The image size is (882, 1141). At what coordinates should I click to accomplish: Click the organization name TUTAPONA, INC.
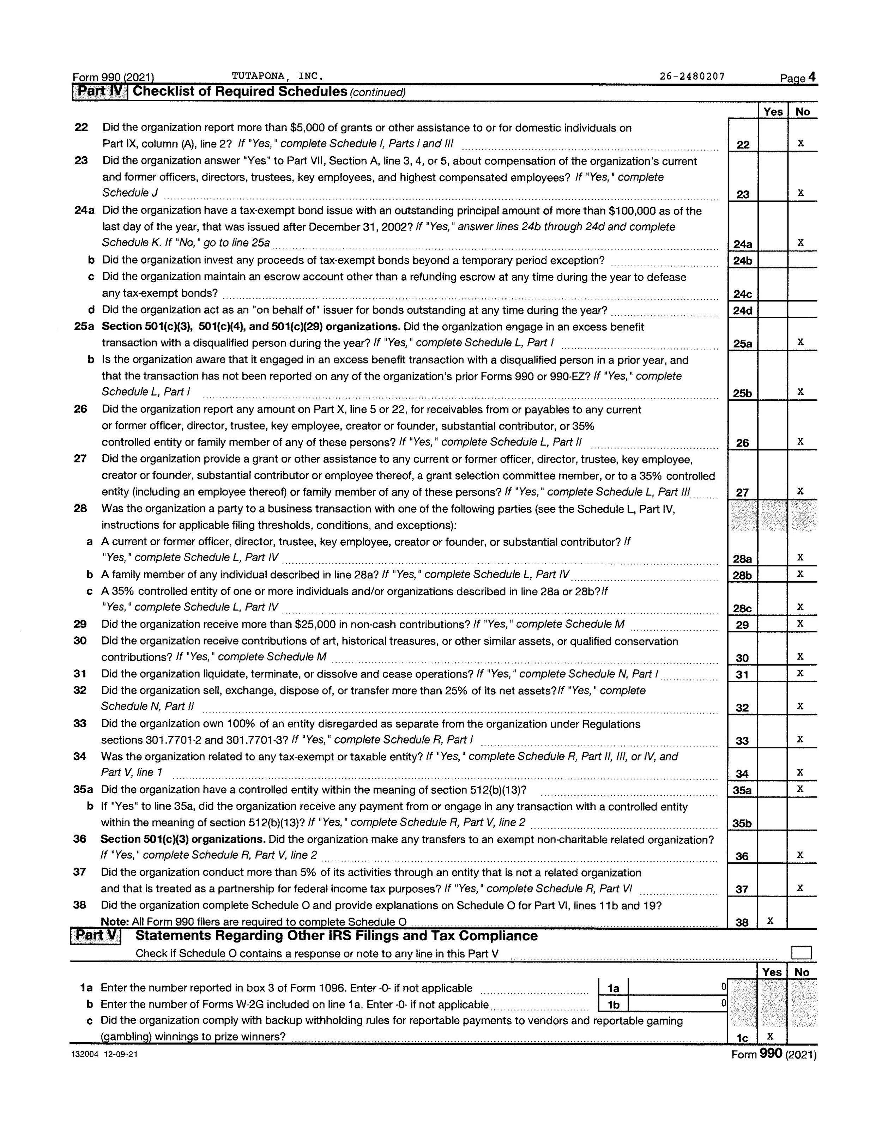277,76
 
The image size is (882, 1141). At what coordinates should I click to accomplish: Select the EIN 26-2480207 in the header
692,76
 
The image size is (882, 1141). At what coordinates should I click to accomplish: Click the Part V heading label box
96,935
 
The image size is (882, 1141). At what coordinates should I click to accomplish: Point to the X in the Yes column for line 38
770,921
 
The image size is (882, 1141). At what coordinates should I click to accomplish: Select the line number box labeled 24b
742,261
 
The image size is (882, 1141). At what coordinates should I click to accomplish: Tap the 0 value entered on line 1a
723,987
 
